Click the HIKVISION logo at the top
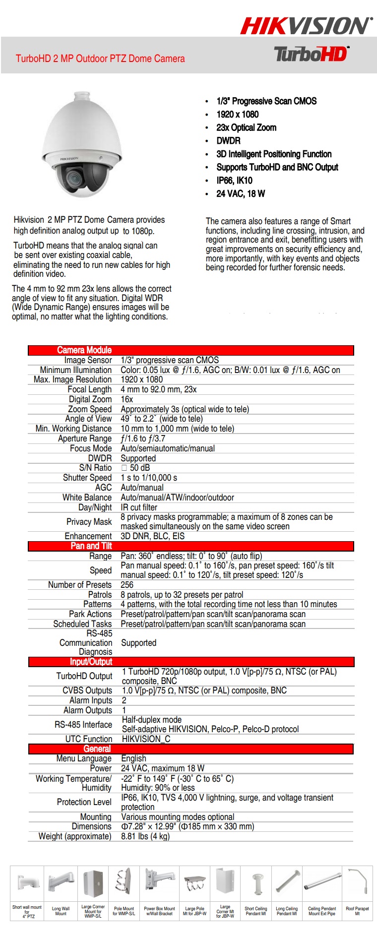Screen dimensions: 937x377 (306, 26)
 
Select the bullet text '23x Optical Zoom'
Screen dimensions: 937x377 (246, 127)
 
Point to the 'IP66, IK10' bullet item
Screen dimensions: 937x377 (234, 181)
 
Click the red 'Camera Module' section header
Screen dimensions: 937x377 (84, 350)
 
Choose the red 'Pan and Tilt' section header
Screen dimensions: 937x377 (91, 546)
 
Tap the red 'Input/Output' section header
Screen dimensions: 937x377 (91, 662)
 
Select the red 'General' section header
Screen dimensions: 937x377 (97, 749)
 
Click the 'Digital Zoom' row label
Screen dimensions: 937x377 (90, 399)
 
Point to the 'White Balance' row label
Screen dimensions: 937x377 (87, 498)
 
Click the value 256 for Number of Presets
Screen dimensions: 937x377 (127, 585)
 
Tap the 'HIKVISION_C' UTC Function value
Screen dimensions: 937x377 (146, 739)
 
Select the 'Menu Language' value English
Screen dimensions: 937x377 (134, 758)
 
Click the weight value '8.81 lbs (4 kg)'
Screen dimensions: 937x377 (145, 836)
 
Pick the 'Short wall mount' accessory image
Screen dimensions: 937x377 (27, 883)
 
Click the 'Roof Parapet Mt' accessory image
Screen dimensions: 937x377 (358, 883)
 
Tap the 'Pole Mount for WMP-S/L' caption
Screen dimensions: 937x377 (124, 911)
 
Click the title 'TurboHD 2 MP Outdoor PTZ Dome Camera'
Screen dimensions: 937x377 (100, 59)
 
